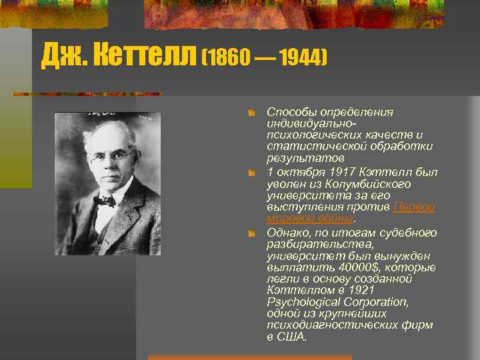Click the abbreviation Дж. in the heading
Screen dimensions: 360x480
[63, 57]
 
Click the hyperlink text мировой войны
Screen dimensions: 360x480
[310, 218]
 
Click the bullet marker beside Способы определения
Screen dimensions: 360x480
[251, 113]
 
